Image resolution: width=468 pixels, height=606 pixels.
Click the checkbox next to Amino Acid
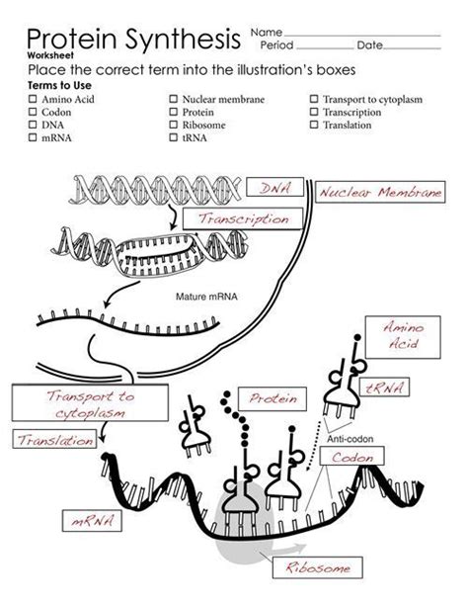tap(33, 99)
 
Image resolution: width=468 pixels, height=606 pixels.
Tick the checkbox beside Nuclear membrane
tap(173, 99)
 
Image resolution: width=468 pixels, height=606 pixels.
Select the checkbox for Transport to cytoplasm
tap(314, 99)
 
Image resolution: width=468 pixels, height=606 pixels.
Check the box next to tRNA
tap(173, 138)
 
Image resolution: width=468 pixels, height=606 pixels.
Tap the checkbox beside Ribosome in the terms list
tap(173, 126)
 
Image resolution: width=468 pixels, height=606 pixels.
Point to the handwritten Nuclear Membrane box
tap(379, 194)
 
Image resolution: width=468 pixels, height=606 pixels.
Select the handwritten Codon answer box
tap(351, 459)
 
